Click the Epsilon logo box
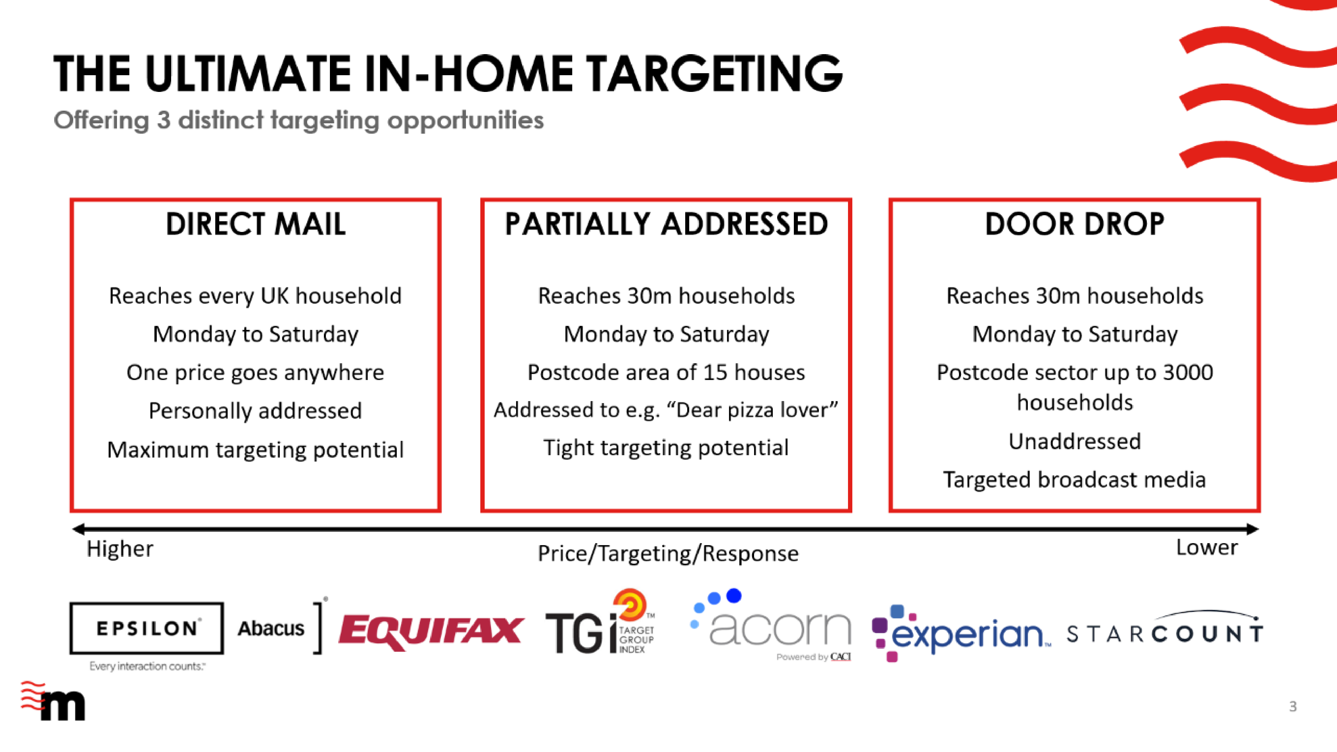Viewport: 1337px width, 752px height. click(x=147, y=628)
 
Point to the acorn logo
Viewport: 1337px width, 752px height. click(x=771, y=625)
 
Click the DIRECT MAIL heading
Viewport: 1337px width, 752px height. click(x=255, y=224)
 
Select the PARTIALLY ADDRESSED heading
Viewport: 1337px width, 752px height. click(x=666, y=224)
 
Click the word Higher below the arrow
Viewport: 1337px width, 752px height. click(x=120, y=548)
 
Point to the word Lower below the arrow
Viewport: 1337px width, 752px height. click(x=1207, y=547)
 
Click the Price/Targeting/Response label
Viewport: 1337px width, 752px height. click(x=668, y=554)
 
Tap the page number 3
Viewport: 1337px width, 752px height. click(x=1293, y=706)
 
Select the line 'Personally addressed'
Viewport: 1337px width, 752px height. click(x=255, y=411)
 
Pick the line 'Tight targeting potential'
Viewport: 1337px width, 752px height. click(x=666, y=448)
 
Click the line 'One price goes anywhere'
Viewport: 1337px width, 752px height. click(x=255, y=373)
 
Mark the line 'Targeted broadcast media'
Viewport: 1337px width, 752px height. click(x=1074, y=480)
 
